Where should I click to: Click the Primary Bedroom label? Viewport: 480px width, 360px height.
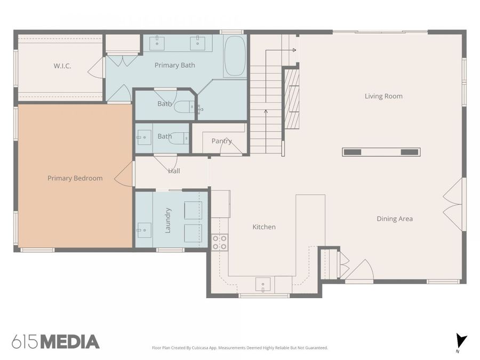75,178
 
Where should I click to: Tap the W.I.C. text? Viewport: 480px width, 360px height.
62,66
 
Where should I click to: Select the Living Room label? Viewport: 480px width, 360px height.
383,96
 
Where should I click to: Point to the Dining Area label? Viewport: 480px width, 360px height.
395,219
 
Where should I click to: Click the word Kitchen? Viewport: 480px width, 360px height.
264,227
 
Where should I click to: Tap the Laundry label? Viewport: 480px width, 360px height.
168,220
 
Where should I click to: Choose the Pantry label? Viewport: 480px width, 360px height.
222,141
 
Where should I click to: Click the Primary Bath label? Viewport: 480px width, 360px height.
175,65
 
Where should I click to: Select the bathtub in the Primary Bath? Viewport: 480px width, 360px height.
235,56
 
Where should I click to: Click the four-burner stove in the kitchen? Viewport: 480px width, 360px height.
220,242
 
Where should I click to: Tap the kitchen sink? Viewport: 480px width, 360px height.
263,284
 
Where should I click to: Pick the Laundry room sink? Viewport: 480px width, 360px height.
143,230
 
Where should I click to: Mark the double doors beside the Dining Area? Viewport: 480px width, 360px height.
454,204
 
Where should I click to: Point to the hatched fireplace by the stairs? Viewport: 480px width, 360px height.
292,99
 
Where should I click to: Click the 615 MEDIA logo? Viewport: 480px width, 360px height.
55,342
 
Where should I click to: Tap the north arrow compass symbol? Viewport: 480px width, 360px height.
461,342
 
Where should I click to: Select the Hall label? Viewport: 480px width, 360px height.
174,171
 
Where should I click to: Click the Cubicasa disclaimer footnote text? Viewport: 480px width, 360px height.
240,348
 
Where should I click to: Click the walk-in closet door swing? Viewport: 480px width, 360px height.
96,67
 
